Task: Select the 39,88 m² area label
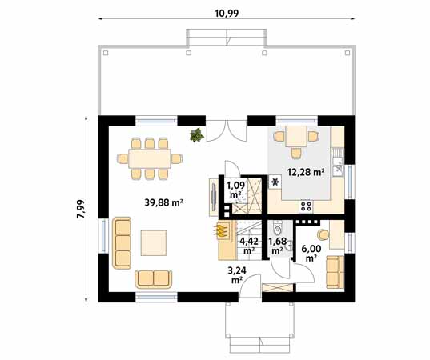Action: pyautogui.click(x=164, y=202)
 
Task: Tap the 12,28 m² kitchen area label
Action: pyautogui.click(x=306, y=172)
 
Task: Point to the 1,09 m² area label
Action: pyautogui.click(x=235, y=190)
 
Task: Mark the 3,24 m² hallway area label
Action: pyautogui.click(x=237, y=274)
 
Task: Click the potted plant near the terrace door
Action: pyautogui.click(x=195, y=135)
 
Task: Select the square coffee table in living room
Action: pyautogui.click(x=155, y=242)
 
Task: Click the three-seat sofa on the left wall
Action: pyautogui.click(x=123, y=242)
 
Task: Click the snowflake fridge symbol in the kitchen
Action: pyautogui.click(x=276, y=182)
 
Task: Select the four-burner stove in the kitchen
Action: pyautogui.click(x=305, y=206)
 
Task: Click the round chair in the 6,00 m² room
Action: pyautogui.click(x=324, y=234)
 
